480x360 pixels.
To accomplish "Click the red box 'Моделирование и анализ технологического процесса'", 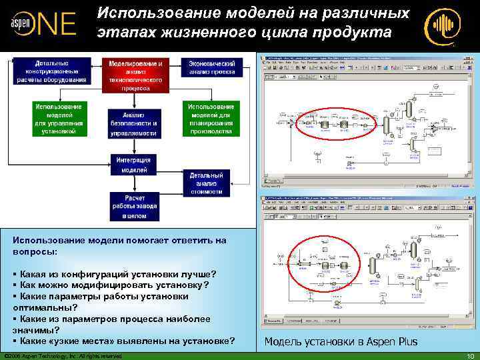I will coord(136,75).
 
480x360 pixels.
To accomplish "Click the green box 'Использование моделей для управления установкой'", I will coord(59,119).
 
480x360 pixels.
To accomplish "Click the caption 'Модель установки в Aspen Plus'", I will coord(341,342).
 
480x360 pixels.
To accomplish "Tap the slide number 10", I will coord(470,355).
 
